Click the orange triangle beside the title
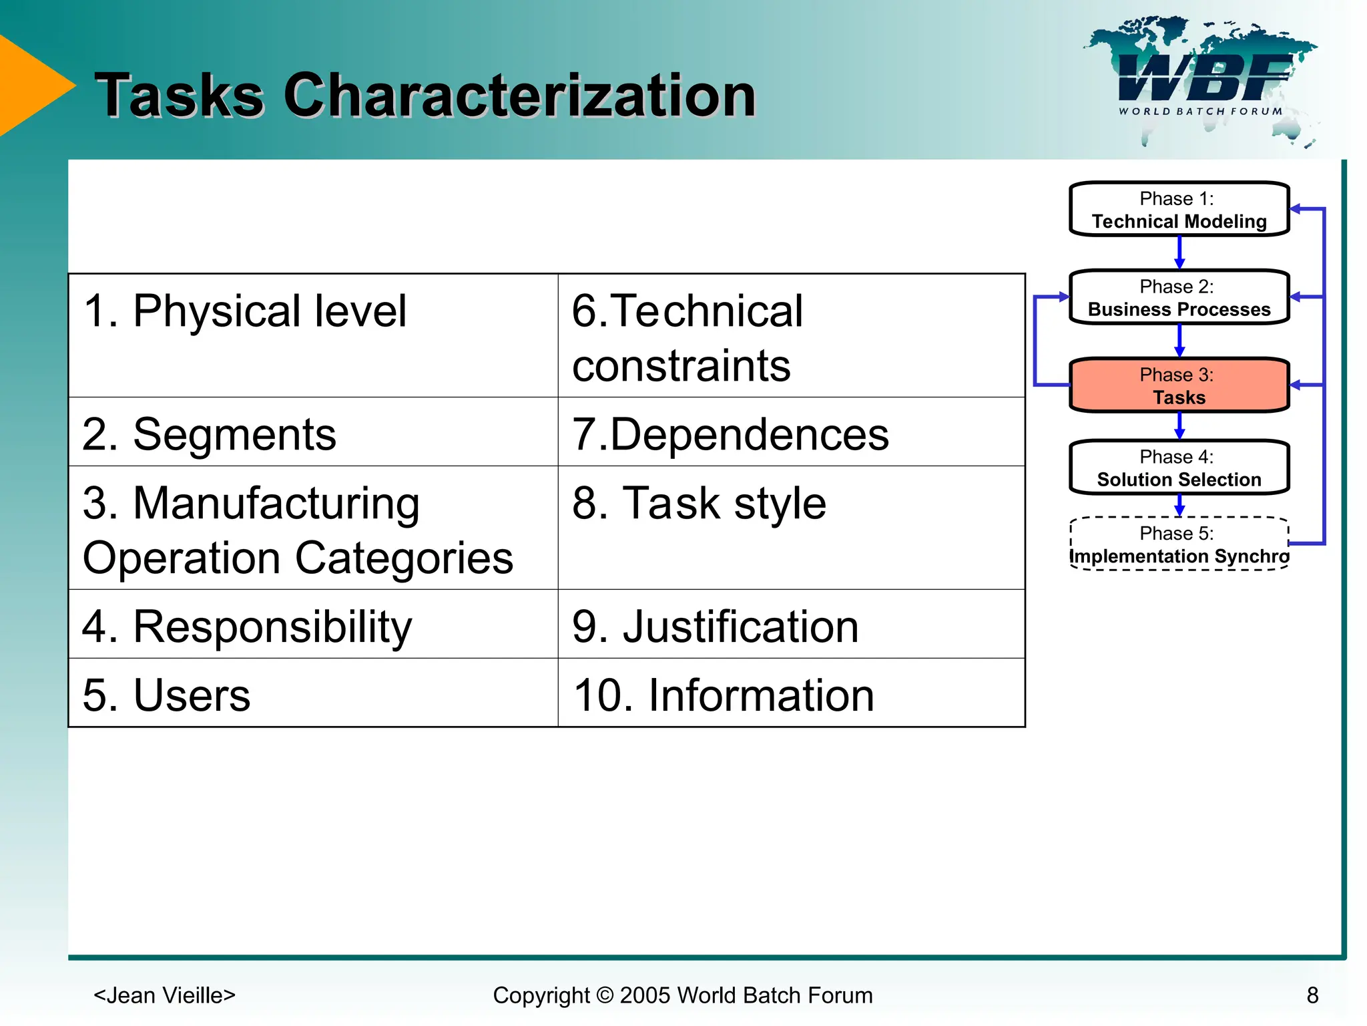tap(30, 85)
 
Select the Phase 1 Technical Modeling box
tap(1179, 209)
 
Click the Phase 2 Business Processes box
tap(1179, 297)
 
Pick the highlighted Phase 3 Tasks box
tap(1179, 385)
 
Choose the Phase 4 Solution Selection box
tap(1179, 468)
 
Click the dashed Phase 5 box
tap(1179, 544)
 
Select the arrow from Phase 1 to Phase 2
tap(1179, 253)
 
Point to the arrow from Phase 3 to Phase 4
tap(1179, 425)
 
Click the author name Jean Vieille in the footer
tap(164, 995)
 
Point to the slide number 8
tap(1312, 995)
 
